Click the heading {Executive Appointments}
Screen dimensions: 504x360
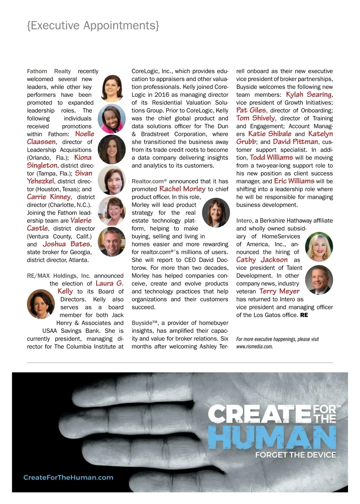93,25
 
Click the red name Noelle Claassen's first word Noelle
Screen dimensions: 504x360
85,134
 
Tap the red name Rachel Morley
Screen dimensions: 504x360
182,189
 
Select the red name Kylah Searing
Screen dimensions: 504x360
309,94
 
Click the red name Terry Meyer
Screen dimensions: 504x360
279,291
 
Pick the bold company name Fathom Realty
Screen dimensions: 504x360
49,71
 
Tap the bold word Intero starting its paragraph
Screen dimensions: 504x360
244,220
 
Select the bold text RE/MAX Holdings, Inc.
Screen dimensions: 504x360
59,276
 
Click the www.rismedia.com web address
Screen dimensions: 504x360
254,346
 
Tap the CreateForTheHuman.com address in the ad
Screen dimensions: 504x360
68,477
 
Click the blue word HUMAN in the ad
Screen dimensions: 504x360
272,437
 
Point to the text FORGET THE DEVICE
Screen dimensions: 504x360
295,455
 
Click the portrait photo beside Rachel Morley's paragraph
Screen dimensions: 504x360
216,212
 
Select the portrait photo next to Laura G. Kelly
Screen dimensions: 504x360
41,304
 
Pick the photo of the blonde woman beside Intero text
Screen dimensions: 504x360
319,246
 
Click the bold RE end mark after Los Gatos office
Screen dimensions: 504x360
304,315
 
